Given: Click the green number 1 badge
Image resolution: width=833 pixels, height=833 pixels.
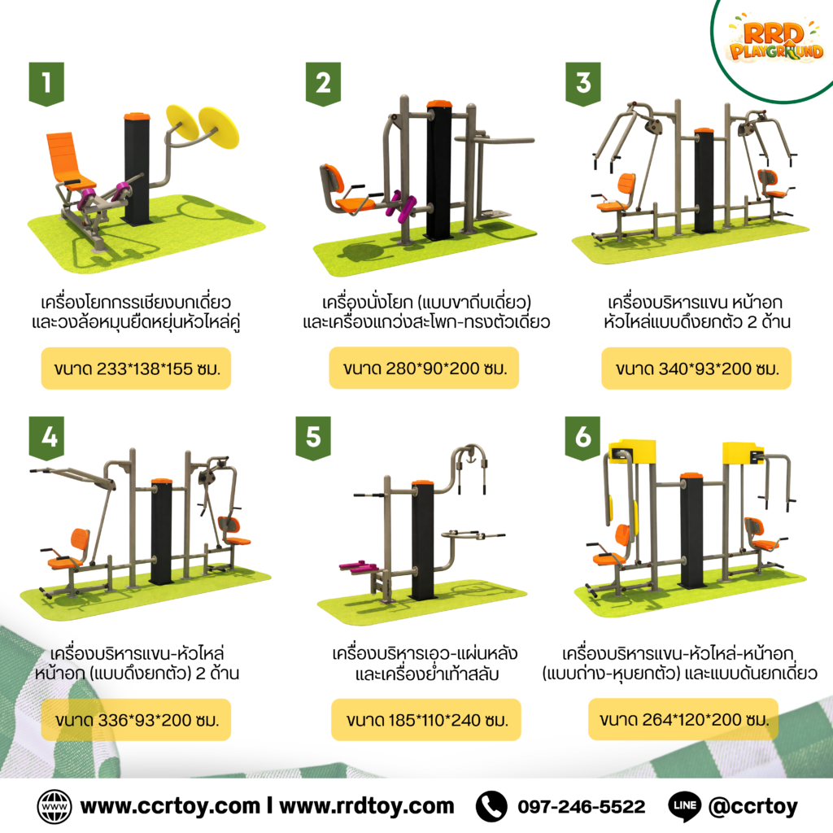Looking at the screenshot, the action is pyautogui.click(x=46, y=84).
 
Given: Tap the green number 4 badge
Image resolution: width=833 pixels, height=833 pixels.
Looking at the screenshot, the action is pyautogui.click(x=46, y=438).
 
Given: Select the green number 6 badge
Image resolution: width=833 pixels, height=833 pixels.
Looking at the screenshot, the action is pyautogui.click(x=582, y=438).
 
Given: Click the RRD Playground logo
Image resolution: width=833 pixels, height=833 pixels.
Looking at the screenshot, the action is pyautogui.click(x=775, y=41).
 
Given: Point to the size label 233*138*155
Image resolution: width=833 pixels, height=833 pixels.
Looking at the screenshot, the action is pyautogui.click(x=137, y=369).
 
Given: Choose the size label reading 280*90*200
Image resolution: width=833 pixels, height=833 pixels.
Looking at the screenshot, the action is pyautogui.click(x=424, y=368).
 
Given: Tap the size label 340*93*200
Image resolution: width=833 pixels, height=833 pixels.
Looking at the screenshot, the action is pyautogui.click(x=696, y=369).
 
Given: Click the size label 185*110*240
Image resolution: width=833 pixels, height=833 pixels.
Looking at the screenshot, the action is pyautogui.click(x=426, y=720).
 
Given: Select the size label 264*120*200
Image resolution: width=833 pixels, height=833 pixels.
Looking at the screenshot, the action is pyautogui.click(x=683, y=719).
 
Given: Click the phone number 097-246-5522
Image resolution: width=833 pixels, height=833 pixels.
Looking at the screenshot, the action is pyautogui.click(x=581, y=806).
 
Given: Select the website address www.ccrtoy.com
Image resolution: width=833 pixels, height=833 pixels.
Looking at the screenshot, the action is pyautogui.click(x=170, y=806).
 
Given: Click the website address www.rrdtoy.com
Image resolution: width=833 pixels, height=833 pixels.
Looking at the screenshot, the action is pyautogui.click(x=367, y=806).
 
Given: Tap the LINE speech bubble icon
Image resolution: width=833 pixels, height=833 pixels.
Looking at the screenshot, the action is pyautogui.click(x=685, y=806).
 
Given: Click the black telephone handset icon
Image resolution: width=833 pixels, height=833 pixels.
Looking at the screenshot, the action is pyautogui.click(x=491, y=806).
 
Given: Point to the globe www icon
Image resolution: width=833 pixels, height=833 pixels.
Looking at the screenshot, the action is pyautogui.click(x=55, y=806).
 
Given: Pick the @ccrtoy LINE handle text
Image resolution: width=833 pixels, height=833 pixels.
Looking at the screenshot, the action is pyautogui.click(x=753, y=807).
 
